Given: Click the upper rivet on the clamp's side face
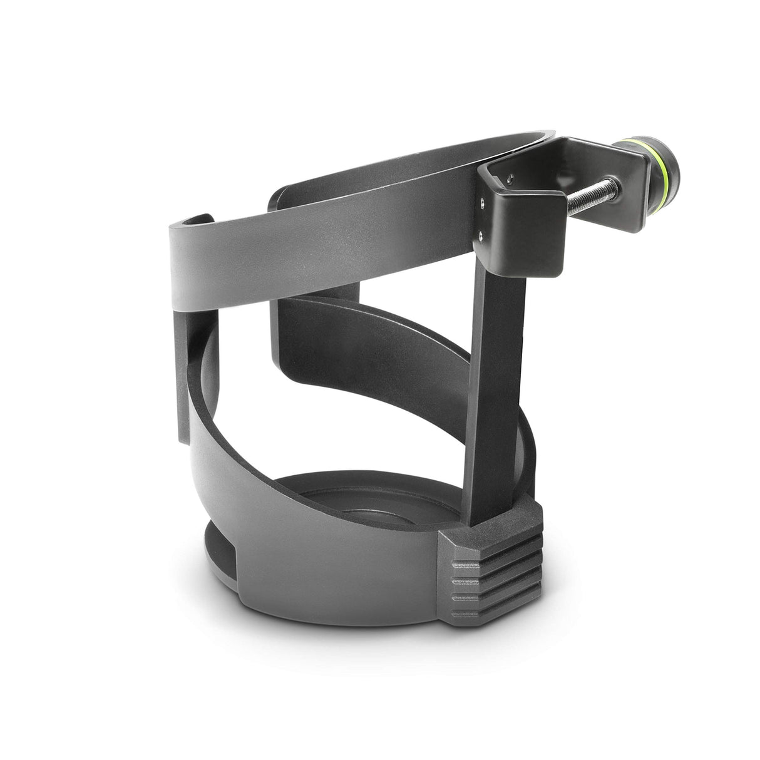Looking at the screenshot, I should [x=481, y=202].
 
